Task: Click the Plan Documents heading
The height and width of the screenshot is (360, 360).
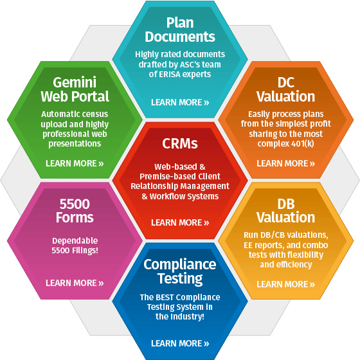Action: click(180, 30)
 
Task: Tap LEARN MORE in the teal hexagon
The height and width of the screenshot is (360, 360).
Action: click(180, 102)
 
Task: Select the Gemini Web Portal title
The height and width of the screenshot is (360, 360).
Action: click(75, 89)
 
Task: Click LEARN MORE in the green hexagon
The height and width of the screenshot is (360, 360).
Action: click(75, 163)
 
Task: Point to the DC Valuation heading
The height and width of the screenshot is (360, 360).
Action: click(285, 89)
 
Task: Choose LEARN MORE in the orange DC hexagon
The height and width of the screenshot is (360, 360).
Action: click(285, 163)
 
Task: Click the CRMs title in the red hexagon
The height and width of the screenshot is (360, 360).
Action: click(180, 143)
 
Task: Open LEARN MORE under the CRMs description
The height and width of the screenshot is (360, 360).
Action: click(180, 222)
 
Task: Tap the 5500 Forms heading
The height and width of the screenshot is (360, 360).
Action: click(75, 211)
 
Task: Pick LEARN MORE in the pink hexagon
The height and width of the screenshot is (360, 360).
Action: click(75, 283)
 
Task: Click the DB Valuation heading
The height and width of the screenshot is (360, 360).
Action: click(285, 211)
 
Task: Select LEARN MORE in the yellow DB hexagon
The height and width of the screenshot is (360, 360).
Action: click(285, 284)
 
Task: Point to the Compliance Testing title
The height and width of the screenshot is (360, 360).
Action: click(180, 271)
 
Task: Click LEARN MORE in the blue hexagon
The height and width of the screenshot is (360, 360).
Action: click(180, 343)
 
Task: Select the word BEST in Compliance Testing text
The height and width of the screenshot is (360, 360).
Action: click(163, 297)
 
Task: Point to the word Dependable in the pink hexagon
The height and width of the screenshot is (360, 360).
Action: click(75, 240)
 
